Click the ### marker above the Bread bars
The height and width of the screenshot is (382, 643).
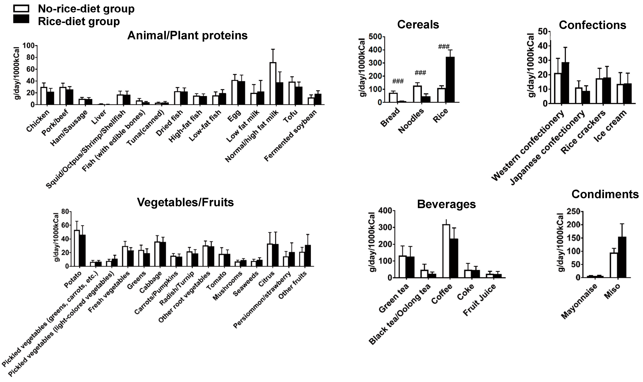398,82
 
